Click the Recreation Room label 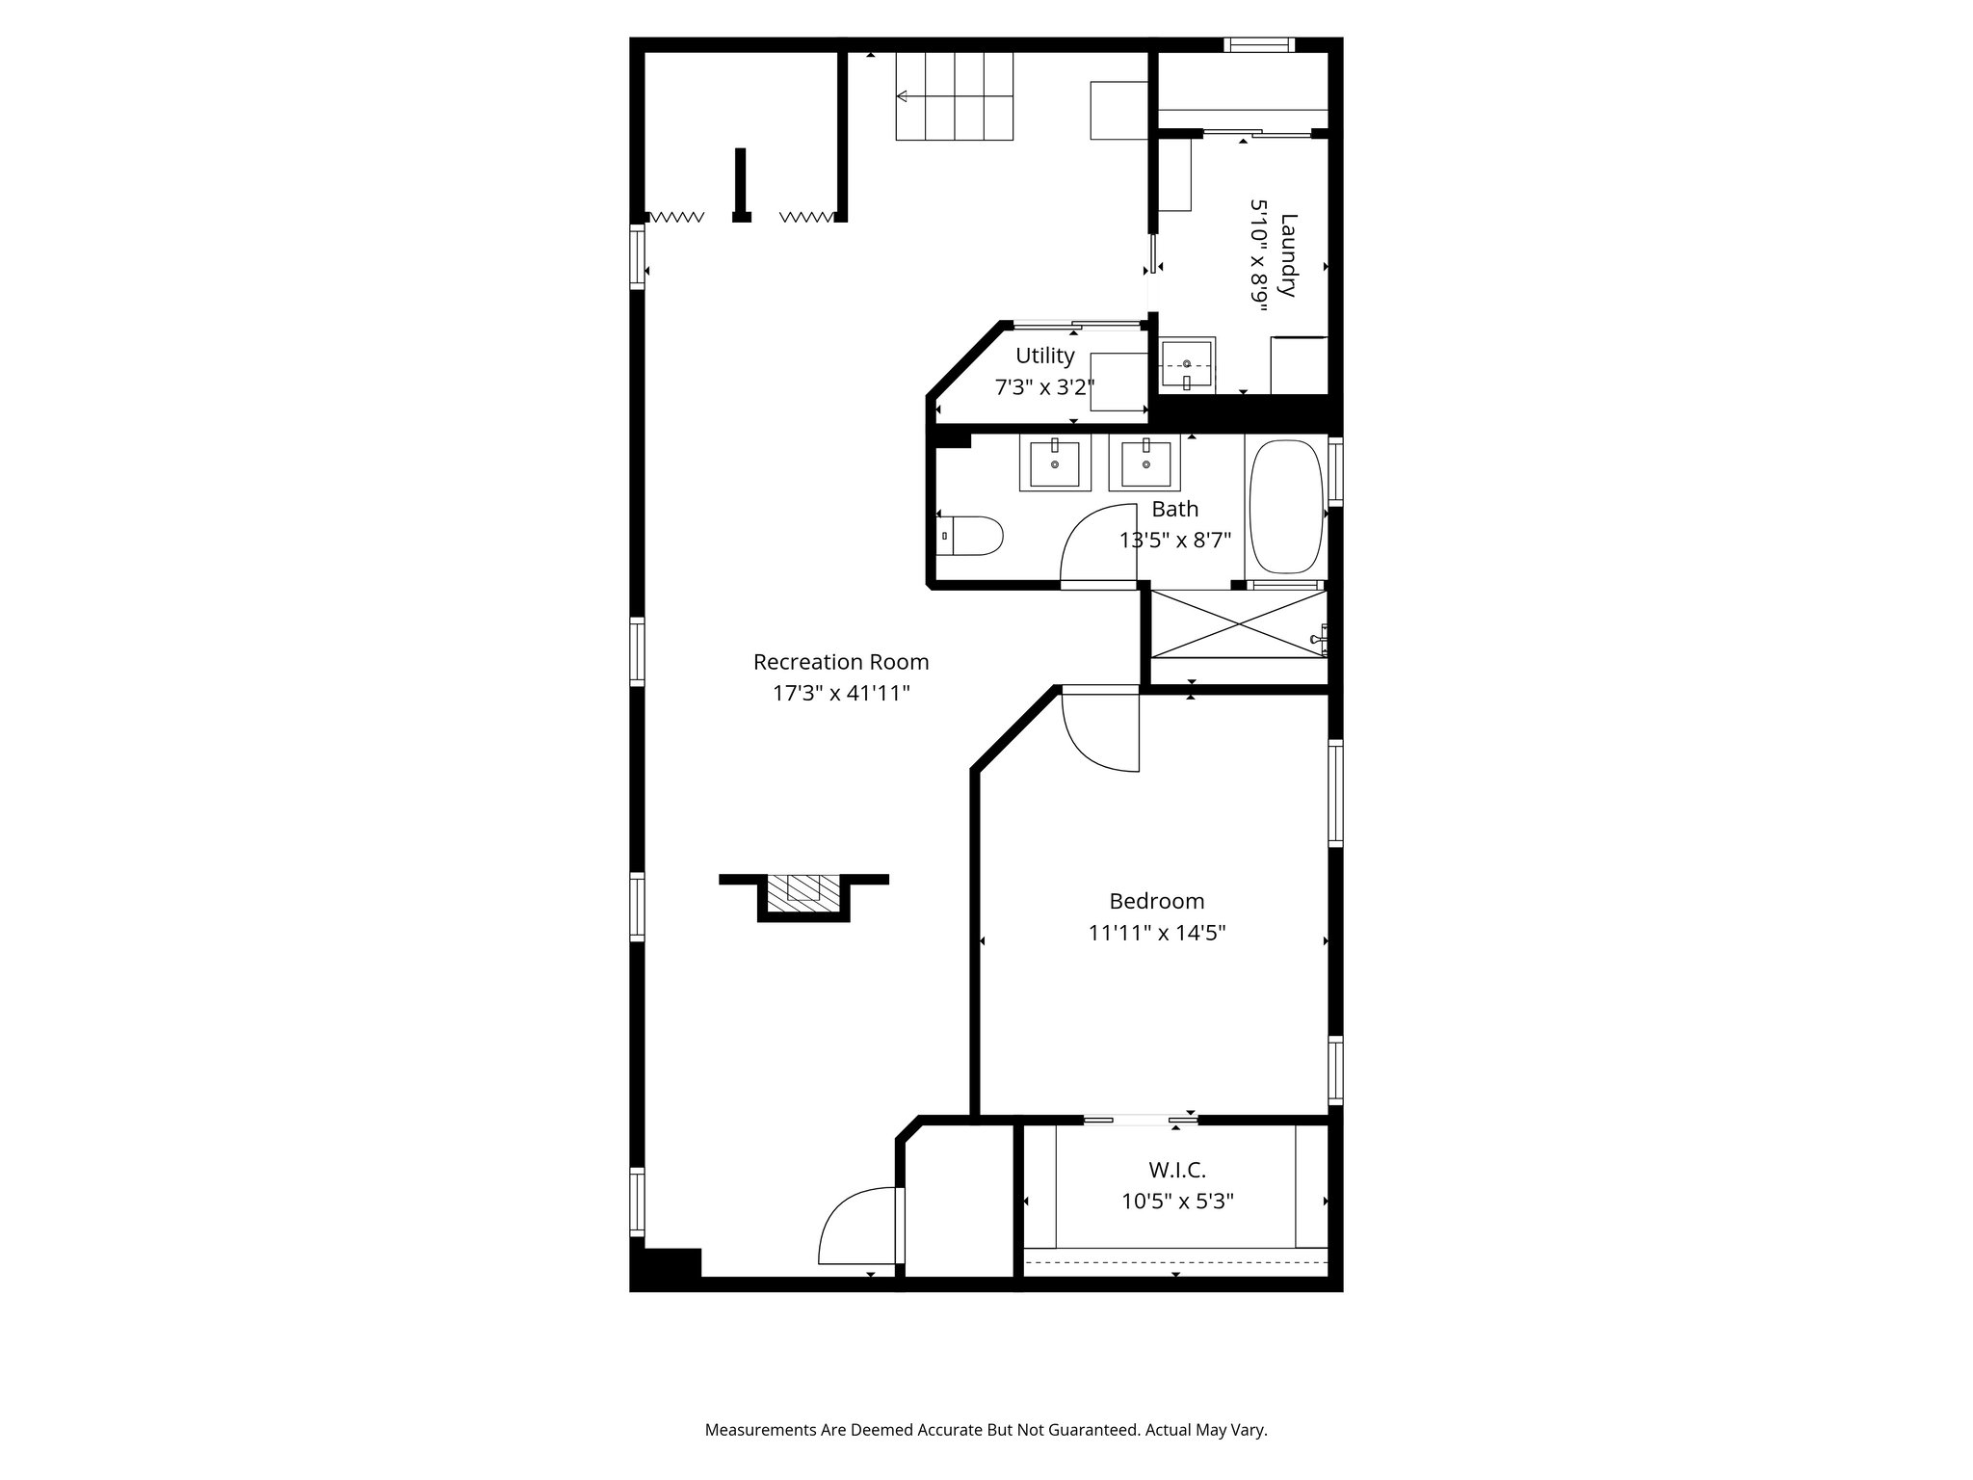pyautogui.click(x=840, y=662)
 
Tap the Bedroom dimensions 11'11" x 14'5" pyautogui.click(x=1156, y=933)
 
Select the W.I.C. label pyautogui.click(x=1176, y=1170)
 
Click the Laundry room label pyautogui.click(x=1289, y=255)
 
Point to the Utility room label pyautogui.click(x=1044, y=356)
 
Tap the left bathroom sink pyautogui.click(x=1054, y=463)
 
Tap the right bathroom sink pyautogui.click(x=1145, y=463)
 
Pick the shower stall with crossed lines pyautogui.click(x=1239, y=624)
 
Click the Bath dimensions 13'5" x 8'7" pyautogui.click(x=1174, y=541)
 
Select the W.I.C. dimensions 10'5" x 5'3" pyautogui.click(x=1176, y=1202)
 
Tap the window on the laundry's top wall pyautogui.click(x=1259, y=44)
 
